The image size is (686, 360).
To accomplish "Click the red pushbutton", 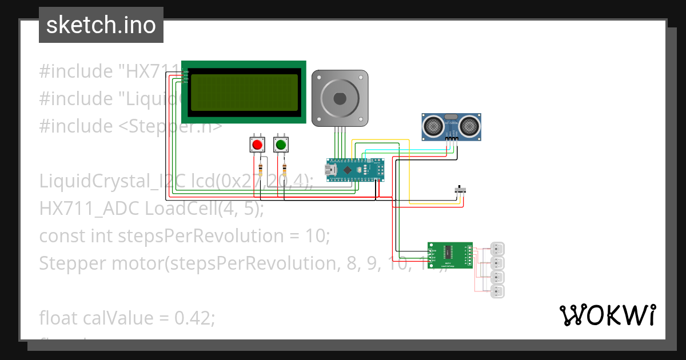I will click(x=257, y=145).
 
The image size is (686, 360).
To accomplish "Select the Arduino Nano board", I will click(x=354, y=170).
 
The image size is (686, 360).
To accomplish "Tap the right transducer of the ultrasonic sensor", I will click(x=469, y=124).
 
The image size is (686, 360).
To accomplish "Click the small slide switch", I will click(x=460, y=189).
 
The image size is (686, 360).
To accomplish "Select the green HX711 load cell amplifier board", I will click(x=450, y=255).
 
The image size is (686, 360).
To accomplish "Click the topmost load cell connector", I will click(x=498, y=249).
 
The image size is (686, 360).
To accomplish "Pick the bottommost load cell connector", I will click(x=498, y=291).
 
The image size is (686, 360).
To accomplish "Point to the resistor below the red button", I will click(x=261, y=169).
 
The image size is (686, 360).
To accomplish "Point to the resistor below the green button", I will click(x=285, y=169).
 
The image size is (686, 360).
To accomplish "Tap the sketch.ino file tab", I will click(x=101, y=25).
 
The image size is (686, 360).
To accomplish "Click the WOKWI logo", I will click(x=607, y=315).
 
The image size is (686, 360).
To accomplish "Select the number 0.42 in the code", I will click(x=194, y=318).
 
